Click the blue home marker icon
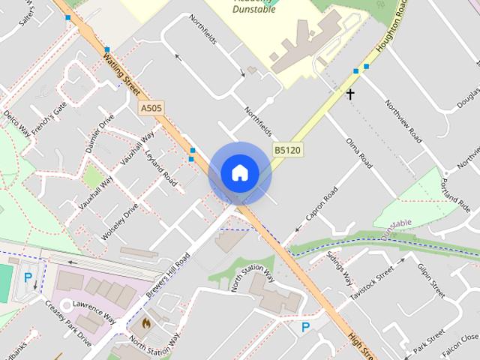[x=239, y=172]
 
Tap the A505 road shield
[x=151, y=109]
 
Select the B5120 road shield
[x=286, y=150]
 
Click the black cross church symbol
[x=349, y=94]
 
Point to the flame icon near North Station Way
[x=145, y=324]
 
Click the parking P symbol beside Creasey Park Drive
[x=28, y=277]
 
